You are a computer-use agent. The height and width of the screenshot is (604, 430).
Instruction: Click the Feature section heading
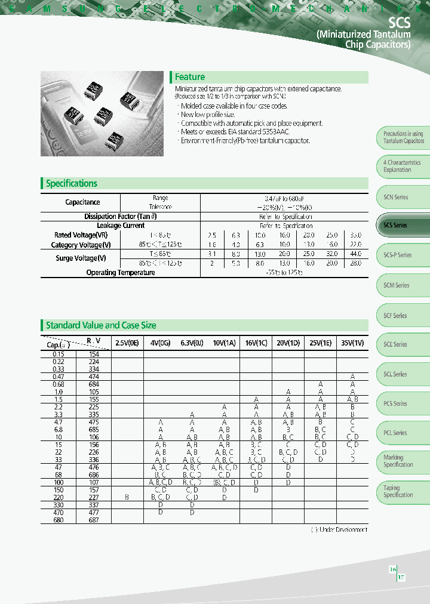(x=189, y=77)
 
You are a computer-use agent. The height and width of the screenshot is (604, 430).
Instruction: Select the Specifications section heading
(x=72, y=184)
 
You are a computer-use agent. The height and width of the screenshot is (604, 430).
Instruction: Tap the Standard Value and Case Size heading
(x=101, y=325)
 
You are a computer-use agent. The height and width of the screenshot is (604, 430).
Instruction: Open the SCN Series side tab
(x=396, y=197)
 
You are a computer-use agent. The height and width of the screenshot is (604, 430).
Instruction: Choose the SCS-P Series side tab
(x=397, y=255)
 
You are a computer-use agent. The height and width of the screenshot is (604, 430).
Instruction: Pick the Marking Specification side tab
(x=398, y=461)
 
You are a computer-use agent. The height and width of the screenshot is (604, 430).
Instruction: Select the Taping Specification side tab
(x=398, y=491)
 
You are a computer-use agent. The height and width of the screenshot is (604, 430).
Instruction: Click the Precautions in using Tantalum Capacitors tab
(x=403, y=137)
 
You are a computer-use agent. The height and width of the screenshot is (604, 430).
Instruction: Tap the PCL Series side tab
(x=395, y=433)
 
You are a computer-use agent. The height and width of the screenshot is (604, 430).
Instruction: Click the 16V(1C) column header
(x=256, y=344)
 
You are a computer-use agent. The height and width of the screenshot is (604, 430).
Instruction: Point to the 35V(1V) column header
(x=352, y=344)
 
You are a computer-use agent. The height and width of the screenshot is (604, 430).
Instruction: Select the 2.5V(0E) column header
(x=127, y=344)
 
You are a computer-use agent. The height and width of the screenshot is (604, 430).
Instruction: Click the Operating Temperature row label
(x=121, y=273)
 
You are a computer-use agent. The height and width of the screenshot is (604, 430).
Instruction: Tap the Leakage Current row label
(x=121, y=226)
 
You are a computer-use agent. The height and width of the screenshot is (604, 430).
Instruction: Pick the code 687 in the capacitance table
(x=94, y=520)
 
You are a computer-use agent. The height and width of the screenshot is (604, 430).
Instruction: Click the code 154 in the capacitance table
(x=94, y=354)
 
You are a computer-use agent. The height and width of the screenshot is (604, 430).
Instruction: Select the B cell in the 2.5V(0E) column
(x=127, y=497)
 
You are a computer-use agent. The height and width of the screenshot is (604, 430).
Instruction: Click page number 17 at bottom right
(x=401, y=578)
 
